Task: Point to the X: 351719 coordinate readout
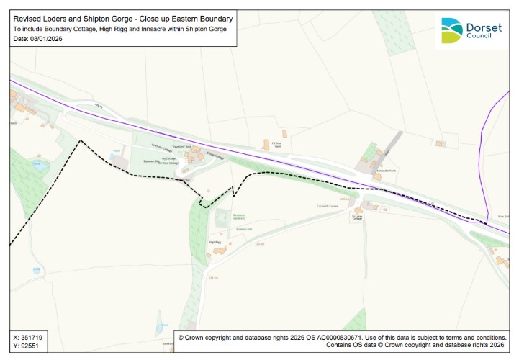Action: click(27, 337)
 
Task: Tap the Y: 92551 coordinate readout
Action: click(25, 346)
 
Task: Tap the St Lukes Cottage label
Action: click(357, 217)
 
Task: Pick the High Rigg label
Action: click(214, 243)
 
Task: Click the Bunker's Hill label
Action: click(243, 230)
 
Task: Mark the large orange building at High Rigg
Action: click(218, 251)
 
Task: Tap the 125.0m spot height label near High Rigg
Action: click(259, 244)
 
